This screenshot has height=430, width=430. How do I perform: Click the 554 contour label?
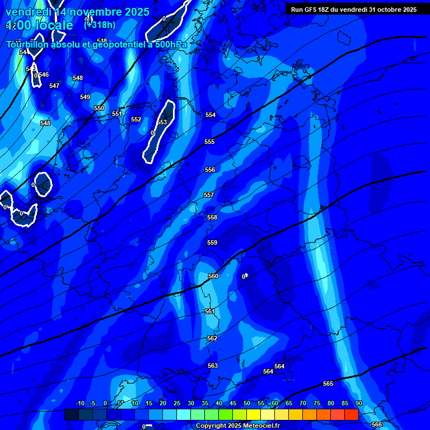click(x=211, y=115)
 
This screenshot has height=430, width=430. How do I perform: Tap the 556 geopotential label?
click(x=210, y=170)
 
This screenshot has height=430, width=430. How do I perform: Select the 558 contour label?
click(x=212, y=217)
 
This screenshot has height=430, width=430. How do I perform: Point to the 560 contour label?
click(x=213, y=276)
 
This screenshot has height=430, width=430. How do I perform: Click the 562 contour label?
click(x=212, y=338)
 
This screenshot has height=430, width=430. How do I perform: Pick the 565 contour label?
click(x=328, y=384)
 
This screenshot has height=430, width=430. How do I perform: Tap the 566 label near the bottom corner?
click(x=377, y=424)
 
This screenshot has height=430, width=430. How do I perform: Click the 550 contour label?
click(x=99, y=108)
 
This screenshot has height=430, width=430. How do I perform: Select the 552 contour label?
click(x=136, y=119)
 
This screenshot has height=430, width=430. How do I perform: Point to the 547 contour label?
click(x=54, y=86)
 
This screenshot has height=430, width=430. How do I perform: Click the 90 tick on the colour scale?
click(x=358, y=403)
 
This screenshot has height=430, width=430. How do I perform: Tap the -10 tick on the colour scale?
click(x=80, y=403)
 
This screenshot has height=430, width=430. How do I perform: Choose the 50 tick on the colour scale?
click(x=247, y=403)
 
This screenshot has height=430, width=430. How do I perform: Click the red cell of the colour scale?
click(x=351, y=414)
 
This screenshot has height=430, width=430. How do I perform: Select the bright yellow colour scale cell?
click(x=253, y=414)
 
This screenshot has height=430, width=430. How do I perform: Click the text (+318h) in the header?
click(x=100, y=25)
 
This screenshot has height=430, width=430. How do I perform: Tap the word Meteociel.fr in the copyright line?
click(x=259, y=426)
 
